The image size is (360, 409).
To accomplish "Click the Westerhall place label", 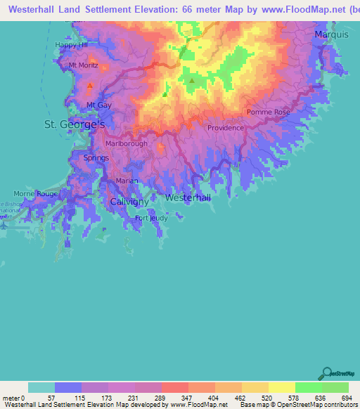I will point(188,198).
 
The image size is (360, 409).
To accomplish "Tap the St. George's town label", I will point(75,124).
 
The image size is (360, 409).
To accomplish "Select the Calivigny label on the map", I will point(130,202).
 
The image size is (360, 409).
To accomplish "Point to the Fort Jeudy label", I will point(151,218).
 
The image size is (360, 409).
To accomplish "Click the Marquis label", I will point(331,34).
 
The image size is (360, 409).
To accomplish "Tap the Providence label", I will point(226,128).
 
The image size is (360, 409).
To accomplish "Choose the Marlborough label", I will point(127,143).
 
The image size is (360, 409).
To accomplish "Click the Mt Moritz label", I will point(82,65).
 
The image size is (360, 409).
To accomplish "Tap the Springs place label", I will point(96,158).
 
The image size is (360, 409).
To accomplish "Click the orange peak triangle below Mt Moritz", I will point(90,86).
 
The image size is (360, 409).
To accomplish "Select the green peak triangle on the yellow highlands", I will point(191,80).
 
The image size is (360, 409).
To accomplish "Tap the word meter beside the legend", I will point(11,398).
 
